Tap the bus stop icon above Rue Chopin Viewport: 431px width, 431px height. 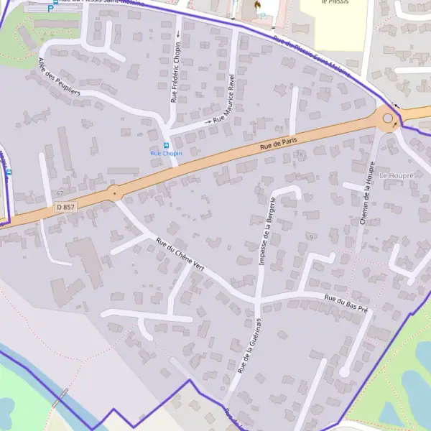167,145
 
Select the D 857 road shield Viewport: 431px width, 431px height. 65,207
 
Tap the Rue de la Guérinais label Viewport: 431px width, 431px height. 246,347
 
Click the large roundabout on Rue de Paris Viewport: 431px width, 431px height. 388,119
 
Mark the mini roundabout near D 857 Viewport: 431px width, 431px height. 113,192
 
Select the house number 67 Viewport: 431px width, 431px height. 60,193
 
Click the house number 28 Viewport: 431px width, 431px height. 300,154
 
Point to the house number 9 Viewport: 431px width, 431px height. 312,236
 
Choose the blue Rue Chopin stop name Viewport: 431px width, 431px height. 166,154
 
